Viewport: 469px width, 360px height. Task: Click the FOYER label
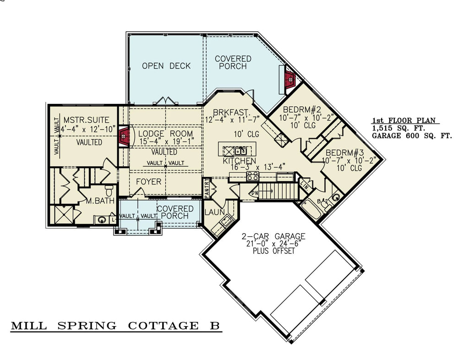pos(149,182)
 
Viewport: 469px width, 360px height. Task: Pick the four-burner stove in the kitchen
pos(252,175)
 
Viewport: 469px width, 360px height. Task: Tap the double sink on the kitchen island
pos(241,150)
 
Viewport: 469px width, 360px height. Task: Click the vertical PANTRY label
pos(207,188)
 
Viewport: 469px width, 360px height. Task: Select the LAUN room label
pos(214,212)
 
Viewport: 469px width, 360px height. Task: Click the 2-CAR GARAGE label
pos(273,236)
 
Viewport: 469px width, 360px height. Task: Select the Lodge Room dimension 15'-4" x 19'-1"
pos(165,142)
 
